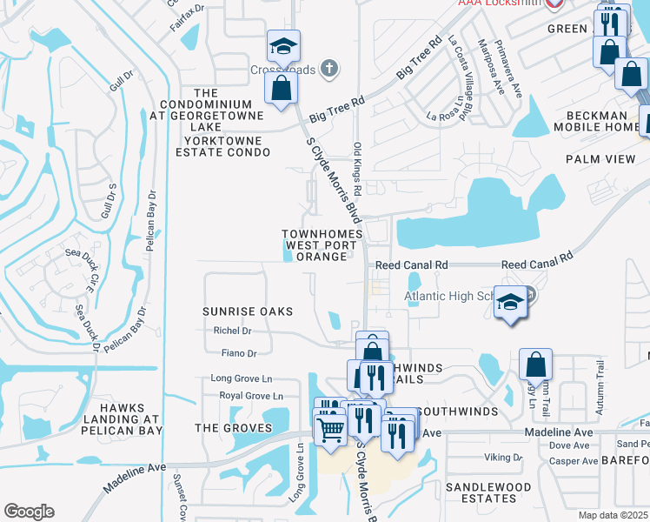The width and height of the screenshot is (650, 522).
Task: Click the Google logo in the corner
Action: pos(29,512)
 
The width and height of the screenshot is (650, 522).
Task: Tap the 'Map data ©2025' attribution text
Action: pos(614,515)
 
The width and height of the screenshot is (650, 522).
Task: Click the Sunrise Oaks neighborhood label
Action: pos(247,311)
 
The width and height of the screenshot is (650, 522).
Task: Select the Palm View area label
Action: pos(600,159)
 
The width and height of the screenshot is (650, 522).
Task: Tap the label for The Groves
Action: pos(233,428)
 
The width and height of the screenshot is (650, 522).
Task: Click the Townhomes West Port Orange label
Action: pos(319,245)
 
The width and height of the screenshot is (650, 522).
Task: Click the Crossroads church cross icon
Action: pos(328,67)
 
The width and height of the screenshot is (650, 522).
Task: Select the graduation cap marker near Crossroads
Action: pos(282,46)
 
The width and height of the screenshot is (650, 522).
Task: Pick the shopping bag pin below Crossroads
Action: pos(282,88)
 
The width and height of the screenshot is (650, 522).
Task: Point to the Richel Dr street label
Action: pos(232,331)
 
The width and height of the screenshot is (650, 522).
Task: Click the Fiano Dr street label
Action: pos(239,353)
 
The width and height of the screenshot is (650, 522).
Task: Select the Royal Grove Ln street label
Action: pos(245,396)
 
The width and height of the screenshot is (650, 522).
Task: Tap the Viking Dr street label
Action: pos(503,457)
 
